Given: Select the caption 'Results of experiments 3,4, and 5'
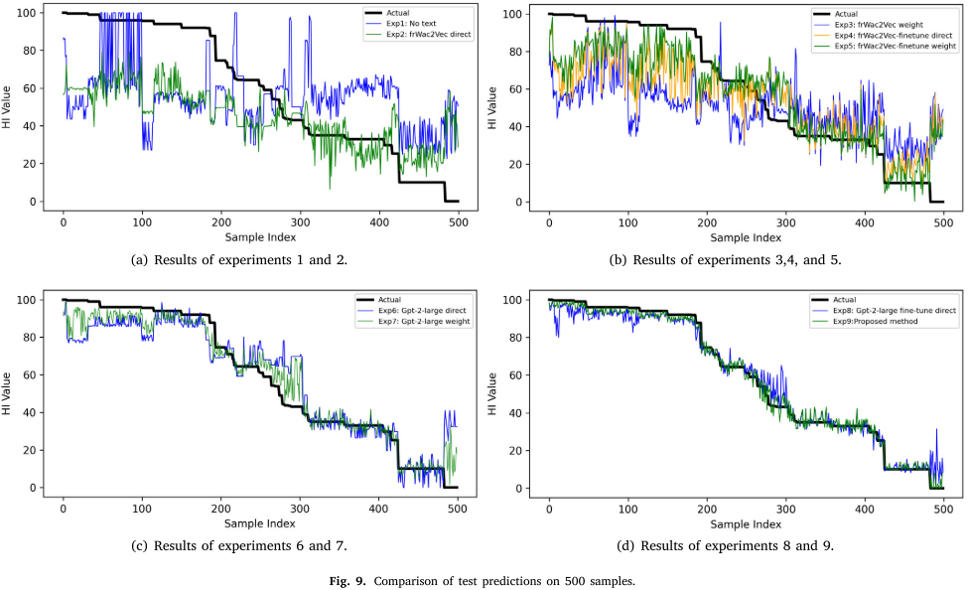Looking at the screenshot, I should click(734, 260).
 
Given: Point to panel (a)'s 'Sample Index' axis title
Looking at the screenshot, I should click(260, 237).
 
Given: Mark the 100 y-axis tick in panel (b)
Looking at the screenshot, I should click(514, 14).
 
